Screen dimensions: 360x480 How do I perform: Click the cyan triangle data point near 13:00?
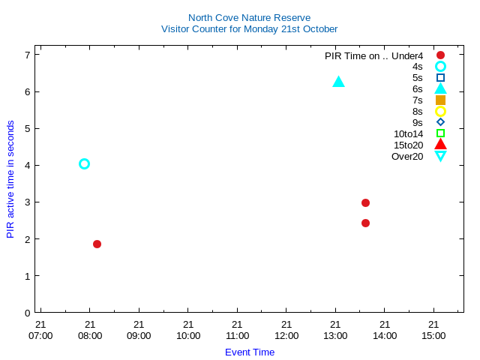coord(338,82)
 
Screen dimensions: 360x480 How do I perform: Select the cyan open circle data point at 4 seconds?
coord(84,163)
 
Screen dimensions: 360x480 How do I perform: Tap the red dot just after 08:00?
coord(97,244)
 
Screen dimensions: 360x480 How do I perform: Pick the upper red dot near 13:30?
coord(365,202)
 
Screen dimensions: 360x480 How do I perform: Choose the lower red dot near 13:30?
coord(365,223)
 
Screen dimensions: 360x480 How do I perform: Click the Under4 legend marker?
coord(440,55)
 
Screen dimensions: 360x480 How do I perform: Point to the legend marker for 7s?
coord(440,100)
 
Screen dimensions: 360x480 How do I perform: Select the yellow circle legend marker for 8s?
coord(440,111)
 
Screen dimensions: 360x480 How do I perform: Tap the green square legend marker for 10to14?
coord(440,133)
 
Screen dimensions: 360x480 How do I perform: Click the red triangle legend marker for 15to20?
coord(440,144)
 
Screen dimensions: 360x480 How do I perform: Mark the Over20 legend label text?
coord(407,156)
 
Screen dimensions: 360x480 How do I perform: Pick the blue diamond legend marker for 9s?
coord(440,122)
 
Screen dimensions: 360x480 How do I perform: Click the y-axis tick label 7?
coord(27,55)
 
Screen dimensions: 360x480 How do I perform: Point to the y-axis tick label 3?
coord(27,202)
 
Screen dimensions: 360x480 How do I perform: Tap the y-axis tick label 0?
coord(27,313)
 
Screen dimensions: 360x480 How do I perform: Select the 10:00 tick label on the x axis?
coord(188,335)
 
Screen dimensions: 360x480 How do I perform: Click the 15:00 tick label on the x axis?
coord(433,335)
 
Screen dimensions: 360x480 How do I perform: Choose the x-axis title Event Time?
coord(250,352)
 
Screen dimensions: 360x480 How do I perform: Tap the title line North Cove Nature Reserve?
coord(249,17)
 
